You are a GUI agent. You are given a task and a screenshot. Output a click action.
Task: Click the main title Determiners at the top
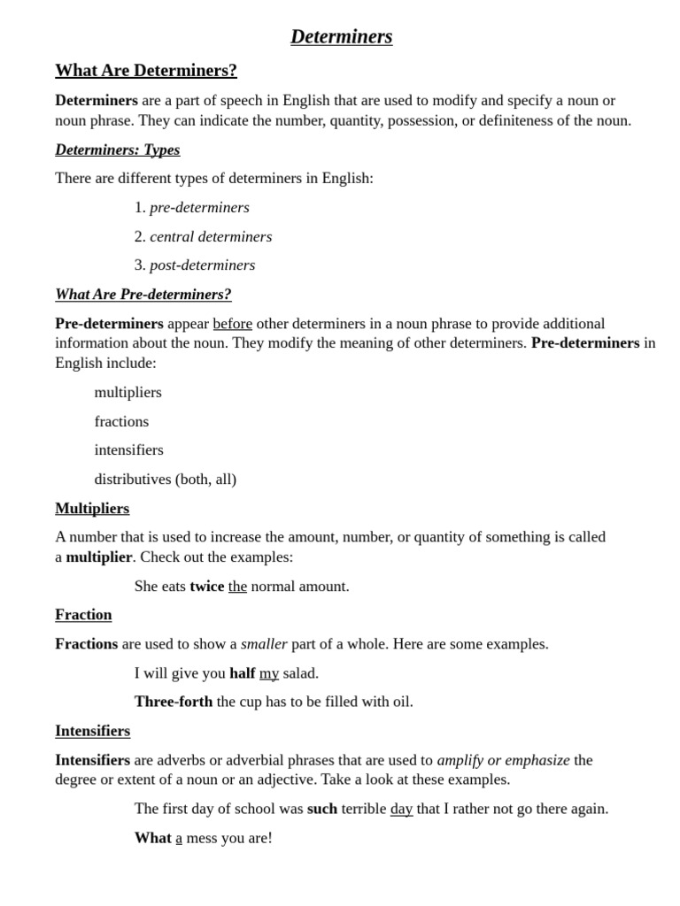click(x=341, y=36)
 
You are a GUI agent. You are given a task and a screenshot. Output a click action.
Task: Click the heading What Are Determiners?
click(x=146, y=71)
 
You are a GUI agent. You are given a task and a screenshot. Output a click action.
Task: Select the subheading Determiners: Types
click(x=117, y=150)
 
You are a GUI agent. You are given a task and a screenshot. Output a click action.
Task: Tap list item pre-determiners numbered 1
click(x=199, y=208)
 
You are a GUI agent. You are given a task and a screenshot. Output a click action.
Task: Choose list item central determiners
click(x=211, y=237)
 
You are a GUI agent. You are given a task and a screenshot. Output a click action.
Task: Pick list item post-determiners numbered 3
click(x=202, y=265)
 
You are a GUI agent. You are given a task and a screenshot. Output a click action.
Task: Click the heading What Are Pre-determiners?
click(x=143, y=295)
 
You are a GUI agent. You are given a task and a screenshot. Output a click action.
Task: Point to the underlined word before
click(x=232, y=324)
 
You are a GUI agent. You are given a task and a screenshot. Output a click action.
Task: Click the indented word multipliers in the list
click(x=128, y=392)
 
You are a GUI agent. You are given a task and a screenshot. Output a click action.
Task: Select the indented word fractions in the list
click(x=122, y=421)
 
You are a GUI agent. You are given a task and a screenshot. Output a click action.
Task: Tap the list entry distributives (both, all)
click(x=166, y=480)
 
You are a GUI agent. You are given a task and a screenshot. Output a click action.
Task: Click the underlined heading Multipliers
click(x=92, y=509)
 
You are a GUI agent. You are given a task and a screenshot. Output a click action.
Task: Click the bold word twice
click(x=206, y=587)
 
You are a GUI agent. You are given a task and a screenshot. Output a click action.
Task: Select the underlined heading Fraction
click(x=83, y=615)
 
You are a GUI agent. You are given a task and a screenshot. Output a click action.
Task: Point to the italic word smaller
click(x=264, y=644)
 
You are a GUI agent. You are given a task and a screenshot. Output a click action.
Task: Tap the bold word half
click(x=242, y=673)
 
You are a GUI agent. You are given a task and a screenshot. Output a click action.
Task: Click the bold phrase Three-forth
click(x=174, y=703)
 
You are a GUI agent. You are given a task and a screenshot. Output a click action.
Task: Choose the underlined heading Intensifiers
click(x=93, y=731)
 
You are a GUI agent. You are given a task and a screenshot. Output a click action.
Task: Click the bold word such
click(x=322, y=809)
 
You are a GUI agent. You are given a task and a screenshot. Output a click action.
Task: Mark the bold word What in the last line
click(x=153, y=838)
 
